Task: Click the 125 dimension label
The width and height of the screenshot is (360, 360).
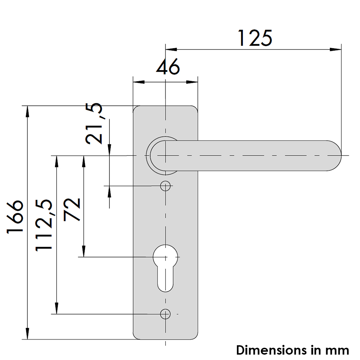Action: [255, 38]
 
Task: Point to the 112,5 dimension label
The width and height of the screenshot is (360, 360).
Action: [44, 225]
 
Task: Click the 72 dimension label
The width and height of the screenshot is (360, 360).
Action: [72, 210]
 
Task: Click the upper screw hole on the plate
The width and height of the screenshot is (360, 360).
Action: [165, 186]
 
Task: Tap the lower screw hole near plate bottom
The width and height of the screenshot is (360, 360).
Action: [165, 314]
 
